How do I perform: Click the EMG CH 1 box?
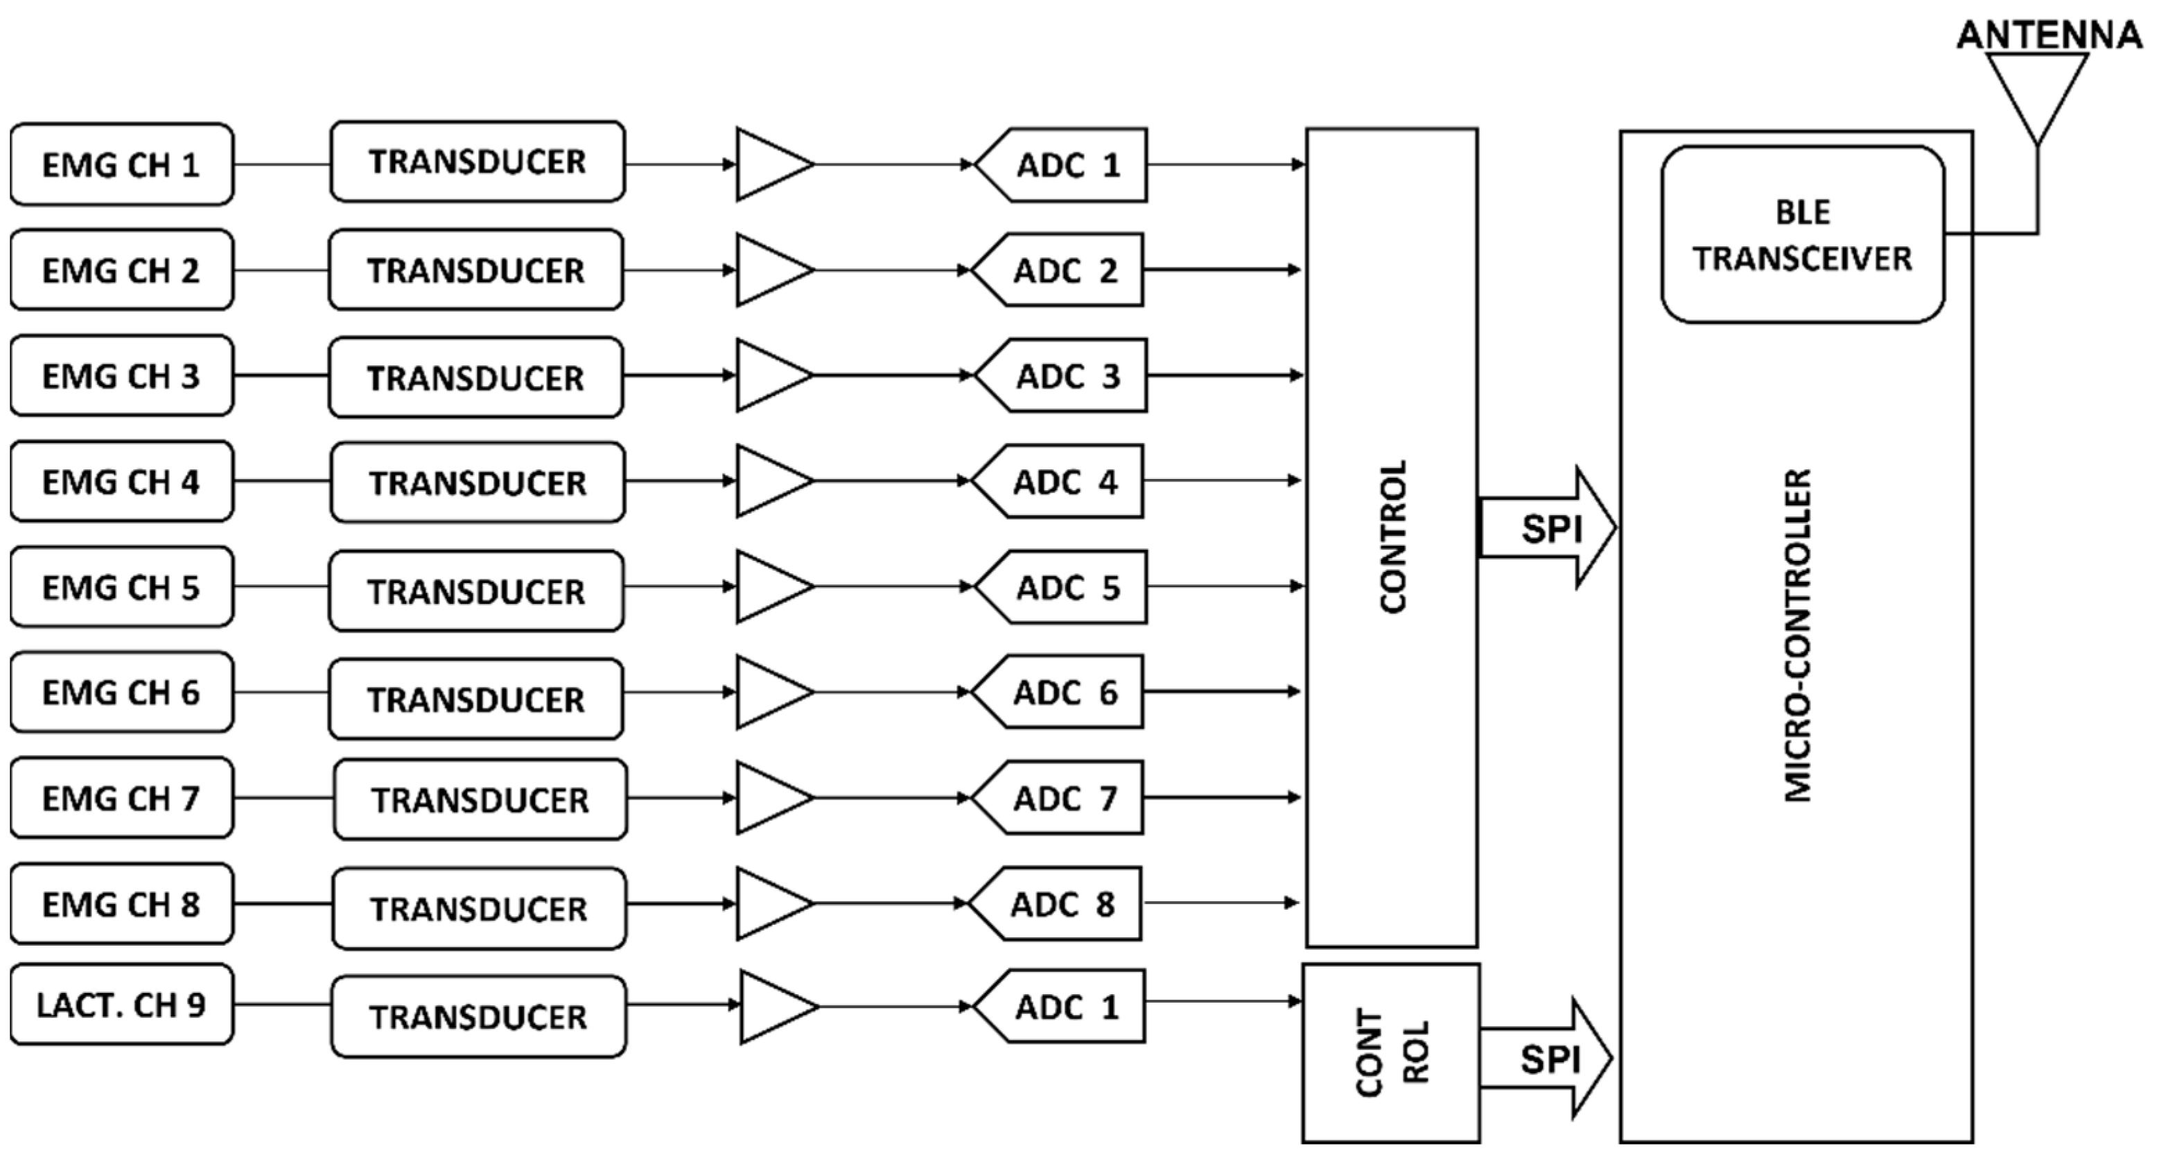122,164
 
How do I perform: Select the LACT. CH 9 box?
122,1005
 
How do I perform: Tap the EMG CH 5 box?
122,587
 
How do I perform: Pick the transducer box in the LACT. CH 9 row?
478,1016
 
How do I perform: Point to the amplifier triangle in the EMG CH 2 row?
768,270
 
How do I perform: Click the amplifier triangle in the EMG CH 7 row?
768,797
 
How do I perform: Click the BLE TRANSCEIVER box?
1802,235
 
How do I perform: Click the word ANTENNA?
2049,35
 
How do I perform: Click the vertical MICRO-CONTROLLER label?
1797,635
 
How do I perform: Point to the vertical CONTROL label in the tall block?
1392,537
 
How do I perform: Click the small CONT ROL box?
1391,1053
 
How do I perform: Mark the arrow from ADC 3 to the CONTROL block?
1225,375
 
